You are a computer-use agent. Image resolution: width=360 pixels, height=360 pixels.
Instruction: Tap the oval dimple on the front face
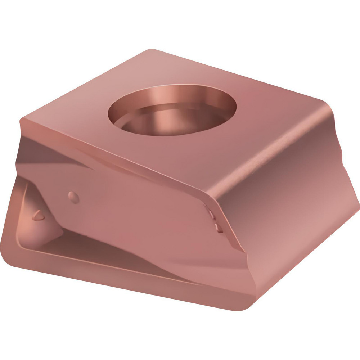point(74,197)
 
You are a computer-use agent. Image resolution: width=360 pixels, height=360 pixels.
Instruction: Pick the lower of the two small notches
point(217,228)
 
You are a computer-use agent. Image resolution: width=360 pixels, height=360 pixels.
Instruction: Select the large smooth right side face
point(288,202)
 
